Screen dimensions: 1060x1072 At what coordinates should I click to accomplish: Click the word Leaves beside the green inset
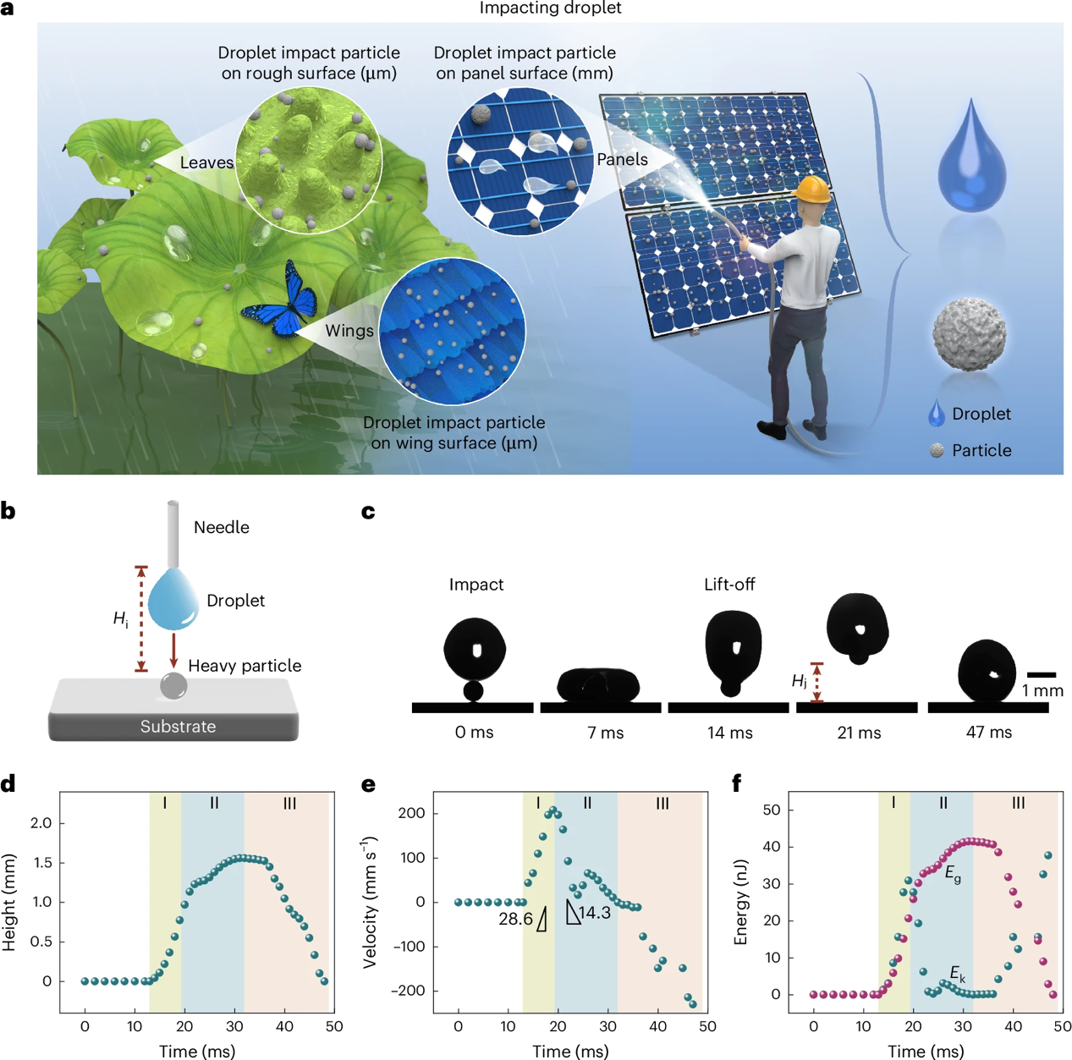tap(206, 162)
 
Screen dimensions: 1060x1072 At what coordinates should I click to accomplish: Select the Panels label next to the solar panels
tap(622, 159)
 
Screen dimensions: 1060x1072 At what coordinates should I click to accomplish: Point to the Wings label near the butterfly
tap(349, 331)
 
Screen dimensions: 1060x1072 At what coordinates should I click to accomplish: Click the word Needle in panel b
tap(221, 527)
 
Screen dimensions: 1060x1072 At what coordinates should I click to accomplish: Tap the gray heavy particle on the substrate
tap(173, 685)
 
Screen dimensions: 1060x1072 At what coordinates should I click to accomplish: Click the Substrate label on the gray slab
tap(178, 726)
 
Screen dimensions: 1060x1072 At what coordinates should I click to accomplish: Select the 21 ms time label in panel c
tap(859, 733)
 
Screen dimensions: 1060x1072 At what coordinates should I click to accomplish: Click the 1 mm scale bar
tap(1042, 674)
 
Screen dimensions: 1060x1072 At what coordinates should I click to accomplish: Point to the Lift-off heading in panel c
tap(729, 585)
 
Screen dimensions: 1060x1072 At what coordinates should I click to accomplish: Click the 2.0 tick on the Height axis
tap(41, 823)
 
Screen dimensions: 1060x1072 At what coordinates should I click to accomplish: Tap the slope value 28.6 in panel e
tap(515, 919)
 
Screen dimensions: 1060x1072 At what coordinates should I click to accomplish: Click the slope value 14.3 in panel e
tap(595, 913)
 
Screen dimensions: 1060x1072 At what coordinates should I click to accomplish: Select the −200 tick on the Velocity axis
tap(407, 991)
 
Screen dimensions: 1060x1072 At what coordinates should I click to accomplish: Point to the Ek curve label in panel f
tap(957, 974)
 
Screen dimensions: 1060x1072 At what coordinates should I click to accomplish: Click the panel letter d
tap(8, 784)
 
